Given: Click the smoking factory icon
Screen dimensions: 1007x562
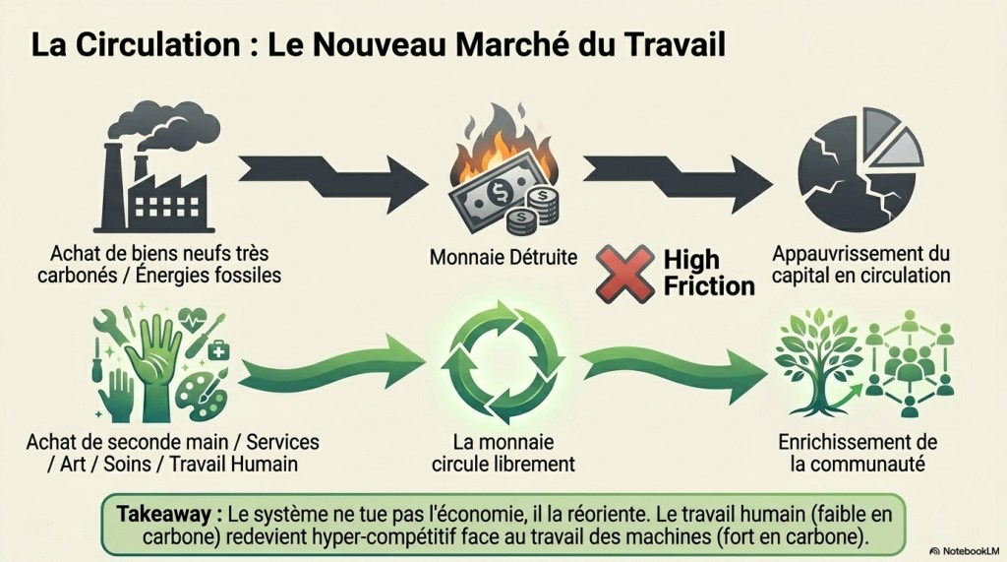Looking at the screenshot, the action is [158, 167].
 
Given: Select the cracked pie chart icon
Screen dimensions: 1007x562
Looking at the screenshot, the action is [859, 170].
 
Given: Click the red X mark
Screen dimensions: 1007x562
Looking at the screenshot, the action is [624, 274].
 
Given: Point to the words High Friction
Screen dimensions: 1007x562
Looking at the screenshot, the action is [708, 273].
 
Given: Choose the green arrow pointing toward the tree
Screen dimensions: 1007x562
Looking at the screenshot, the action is [675, 373].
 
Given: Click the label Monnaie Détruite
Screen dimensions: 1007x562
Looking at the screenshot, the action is [503, 257].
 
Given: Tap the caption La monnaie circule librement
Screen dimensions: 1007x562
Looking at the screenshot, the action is [503, 453].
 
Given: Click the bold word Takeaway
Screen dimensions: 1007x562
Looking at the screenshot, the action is [163, 514].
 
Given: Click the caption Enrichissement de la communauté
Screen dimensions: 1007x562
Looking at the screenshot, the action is [858, 453].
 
